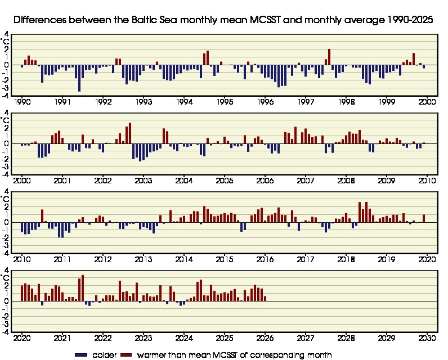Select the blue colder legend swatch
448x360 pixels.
click(82, 355)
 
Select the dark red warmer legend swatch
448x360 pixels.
click(127, 355)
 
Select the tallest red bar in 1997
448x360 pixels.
click(329, 57)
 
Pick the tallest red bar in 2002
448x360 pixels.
click(130, 133)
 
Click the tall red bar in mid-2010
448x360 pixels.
click(42, 216)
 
